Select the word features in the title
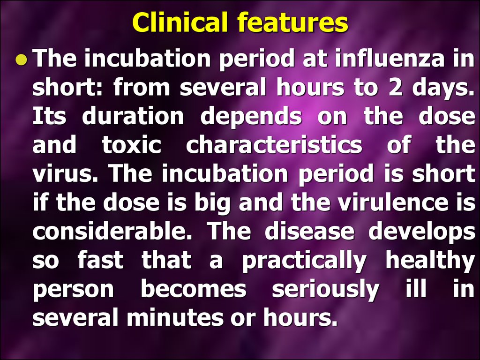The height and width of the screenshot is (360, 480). coord(293,22)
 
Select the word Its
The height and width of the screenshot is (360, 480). coord(49,116)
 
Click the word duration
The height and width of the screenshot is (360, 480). coord(133,116)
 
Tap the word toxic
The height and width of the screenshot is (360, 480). coord(132,145)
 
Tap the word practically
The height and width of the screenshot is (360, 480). coord(304,261)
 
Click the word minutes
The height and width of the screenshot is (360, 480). coord(175,317)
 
